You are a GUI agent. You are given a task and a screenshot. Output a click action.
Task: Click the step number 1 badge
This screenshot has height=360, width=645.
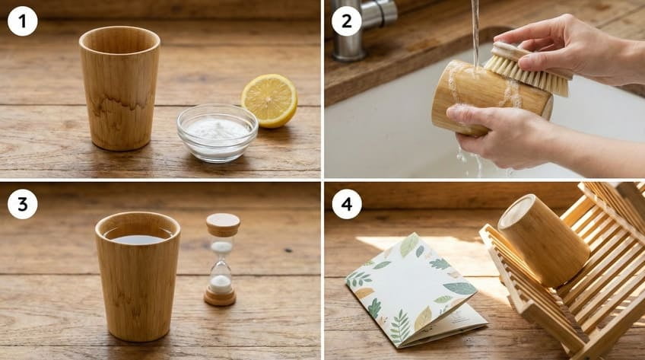23,21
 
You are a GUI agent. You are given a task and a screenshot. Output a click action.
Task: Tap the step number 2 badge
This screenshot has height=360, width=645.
347,21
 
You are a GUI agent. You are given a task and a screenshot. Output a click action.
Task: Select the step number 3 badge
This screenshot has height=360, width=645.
23,204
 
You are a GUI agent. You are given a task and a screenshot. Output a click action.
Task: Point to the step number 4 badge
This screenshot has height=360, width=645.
347,204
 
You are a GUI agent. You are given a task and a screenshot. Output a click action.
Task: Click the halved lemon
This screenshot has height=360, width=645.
269,100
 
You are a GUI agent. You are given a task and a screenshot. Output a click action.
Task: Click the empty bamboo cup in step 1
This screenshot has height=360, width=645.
119,88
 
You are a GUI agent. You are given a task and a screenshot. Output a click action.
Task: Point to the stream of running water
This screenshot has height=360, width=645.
475,30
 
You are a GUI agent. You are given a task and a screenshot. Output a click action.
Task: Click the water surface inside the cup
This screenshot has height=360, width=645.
137,238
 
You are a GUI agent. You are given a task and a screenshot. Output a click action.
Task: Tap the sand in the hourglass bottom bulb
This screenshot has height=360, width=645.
221,283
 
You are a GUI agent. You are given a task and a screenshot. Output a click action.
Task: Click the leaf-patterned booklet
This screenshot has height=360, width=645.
415,289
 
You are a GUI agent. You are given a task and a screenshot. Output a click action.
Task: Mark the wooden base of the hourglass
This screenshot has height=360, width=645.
221,298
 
